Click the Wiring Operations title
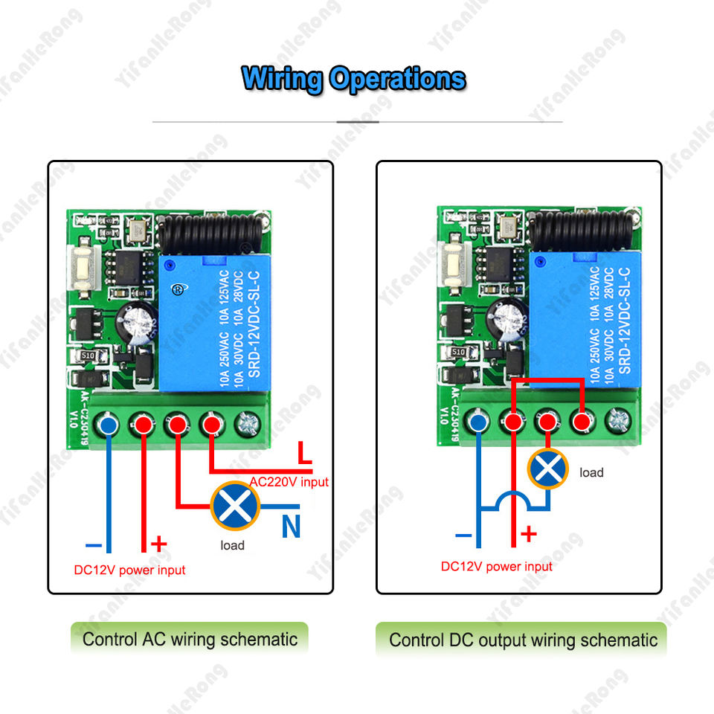pos(354,78)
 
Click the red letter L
pos(303,451)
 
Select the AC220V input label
pos(289,482)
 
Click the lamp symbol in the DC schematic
pos(548,469)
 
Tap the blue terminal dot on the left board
pos(108,425)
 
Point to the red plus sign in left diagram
pos(158,544)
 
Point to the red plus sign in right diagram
pos(528,533)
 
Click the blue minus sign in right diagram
pos(463,534)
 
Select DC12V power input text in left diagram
pos(129,570)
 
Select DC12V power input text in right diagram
pos(497,566)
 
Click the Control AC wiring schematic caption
pos(190,639)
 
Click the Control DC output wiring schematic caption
pos(523,640)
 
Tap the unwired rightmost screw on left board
pos(245,425)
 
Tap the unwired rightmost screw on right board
pos(617,422)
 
